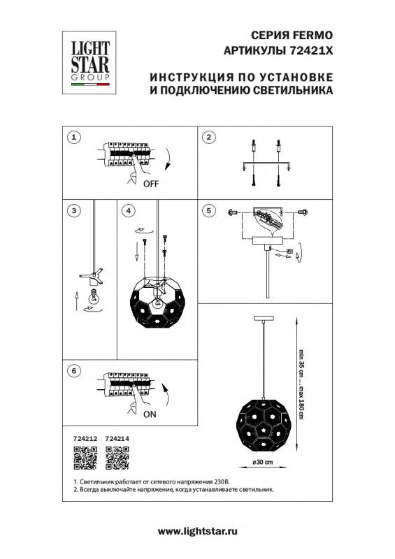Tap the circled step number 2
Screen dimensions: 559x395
(x=208, y=137)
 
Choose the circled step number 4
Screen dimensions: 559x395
(x=127, y=210)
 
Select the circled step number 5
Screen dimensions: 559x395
(x=208, y=210)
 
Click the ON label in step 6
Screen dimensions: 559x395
(x=150, y=414)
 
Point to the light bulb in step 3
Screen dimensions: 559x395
(x=91, y=296)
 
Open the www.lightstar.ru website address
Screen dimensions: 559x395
(x=197, y=532)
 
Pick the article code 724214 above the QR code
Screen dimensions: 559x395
(x=117, y=439)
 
